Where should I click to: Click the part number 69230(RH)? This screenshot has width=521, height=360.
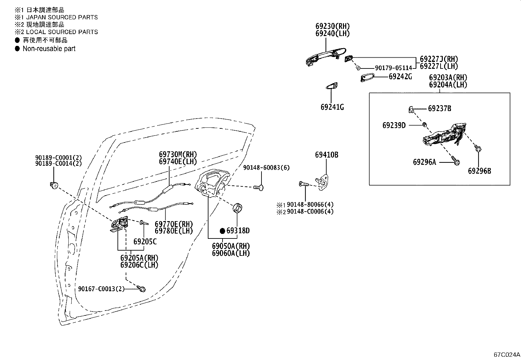click(x=332, y=26)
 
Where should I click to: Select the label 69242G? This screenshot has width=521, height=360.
click(x=400, y=76)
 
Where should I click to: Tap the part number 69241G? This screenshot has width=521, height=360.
click(x=332, y=107)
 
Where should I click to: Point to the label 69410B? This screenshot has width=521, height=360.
click(x=327, y=155)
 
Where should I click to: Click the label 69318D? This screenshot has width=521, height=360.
click(x=238, y=231)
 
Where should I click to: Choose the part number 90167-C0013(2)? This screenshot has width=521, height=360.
click(x=101, y=289)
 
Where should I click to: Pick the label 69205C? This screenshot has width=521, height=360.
click(x=145, y=242)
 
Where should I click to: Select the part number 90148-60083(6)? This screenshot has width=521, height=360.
click(x=266, y=168)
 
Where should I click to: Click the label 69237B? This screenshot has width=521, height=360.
click(x=440, y=108)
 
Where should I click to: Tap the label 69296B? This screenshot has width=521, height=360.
click(x=479, y=171)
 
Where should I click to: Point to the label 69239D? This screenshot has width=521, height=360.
click(x=394, y=125)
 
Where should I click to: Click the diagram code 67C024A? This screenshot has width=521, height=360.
click(x=507, y=355)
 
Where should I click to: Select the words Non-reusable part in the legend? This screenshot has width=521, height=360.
click(x=49, y=49)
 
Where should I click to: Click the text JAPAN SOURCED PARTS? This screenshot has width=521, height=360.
click(x=62, y=17)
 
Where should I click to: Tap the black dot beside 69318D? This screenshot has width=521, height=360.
click(x=222, y=231)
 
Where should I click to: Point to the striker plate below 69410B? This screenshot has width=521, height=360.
click(x=323, y=182)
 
